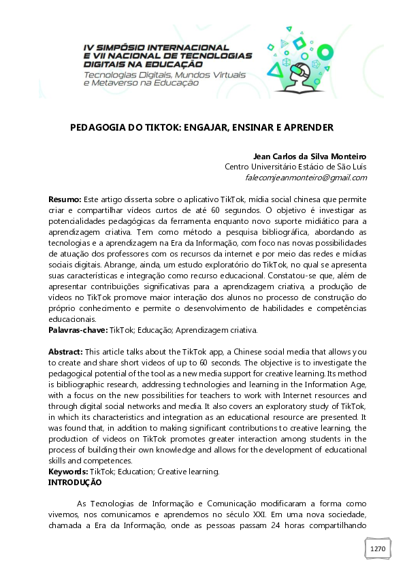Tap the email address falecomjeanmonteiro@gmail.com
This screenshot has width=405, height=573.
tap(306, 178)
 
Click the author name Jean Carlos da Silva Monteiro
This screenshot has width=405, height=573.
tap(310, 154)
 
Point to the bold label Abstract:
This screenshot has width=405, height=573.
tap(65, 351)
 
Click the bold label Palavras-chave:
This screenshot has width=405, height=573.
tap(78, 329)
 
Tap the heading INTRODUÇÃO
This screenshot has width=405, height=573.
tap(75, 482)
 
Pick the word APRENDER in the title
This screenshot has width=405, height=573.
tap(304, 127)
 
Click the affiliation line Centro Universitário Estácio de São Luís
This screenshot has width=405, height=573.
tap(295, 167)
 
